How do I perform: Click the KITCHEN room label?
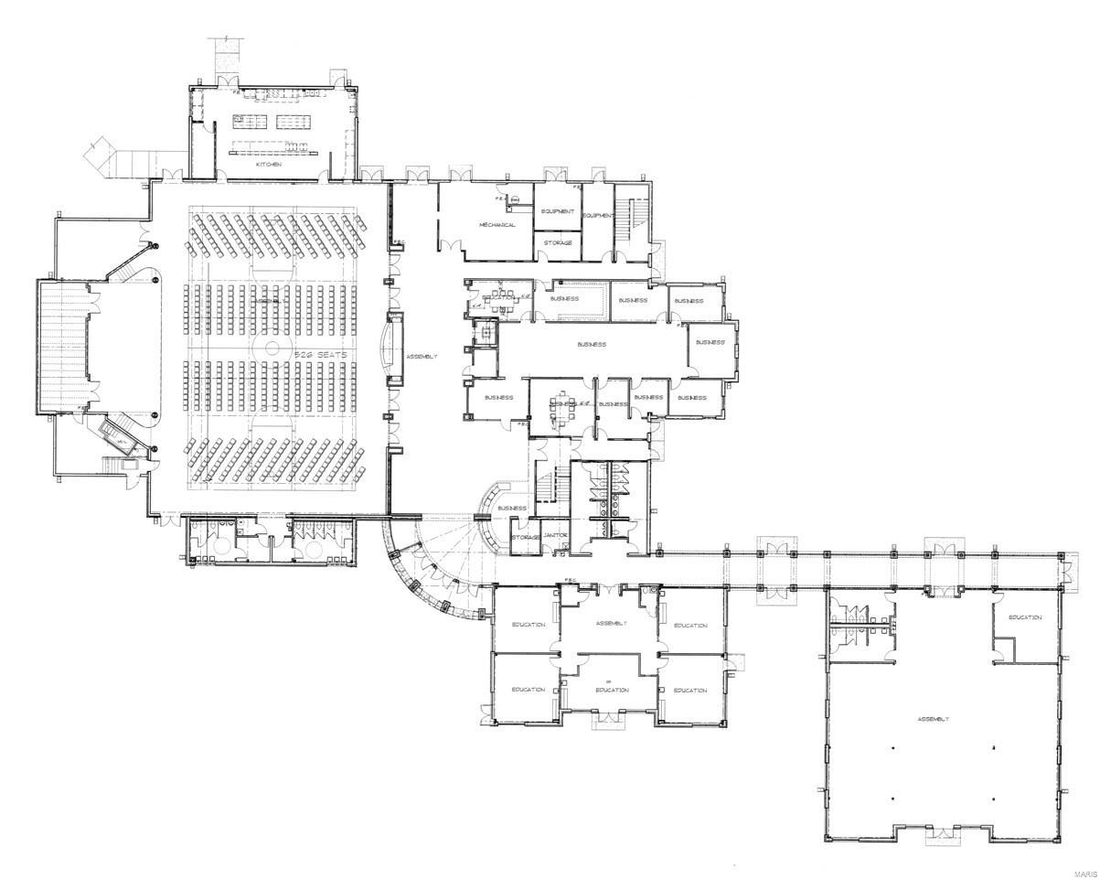(x=268, y=164)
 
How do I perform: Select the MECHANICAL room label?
(x=497, y=224)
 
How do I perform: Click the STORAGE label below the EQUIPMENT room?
(x=558, y=242)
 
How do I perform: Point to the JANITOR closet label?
(x=556, y=535)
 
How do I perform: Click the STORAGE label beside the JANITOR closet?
(x=527, y=537)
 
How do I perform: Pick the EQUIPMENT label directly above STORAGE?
(x=558, y=211)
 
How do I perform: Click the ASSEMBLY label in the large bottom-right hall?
(x=934, y=720)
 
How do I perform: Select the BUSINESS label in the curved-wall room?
(x=512, y=508)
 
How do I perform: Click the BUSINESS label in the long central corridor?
(x=593, y=345)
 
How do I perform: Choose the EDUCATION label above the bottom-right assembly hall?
(x=1025, y=617)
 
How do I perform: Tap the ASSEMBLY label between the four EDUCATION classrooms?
(x=611, y=624)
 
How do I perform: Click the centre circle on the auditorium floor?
(x=272, y=348)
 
